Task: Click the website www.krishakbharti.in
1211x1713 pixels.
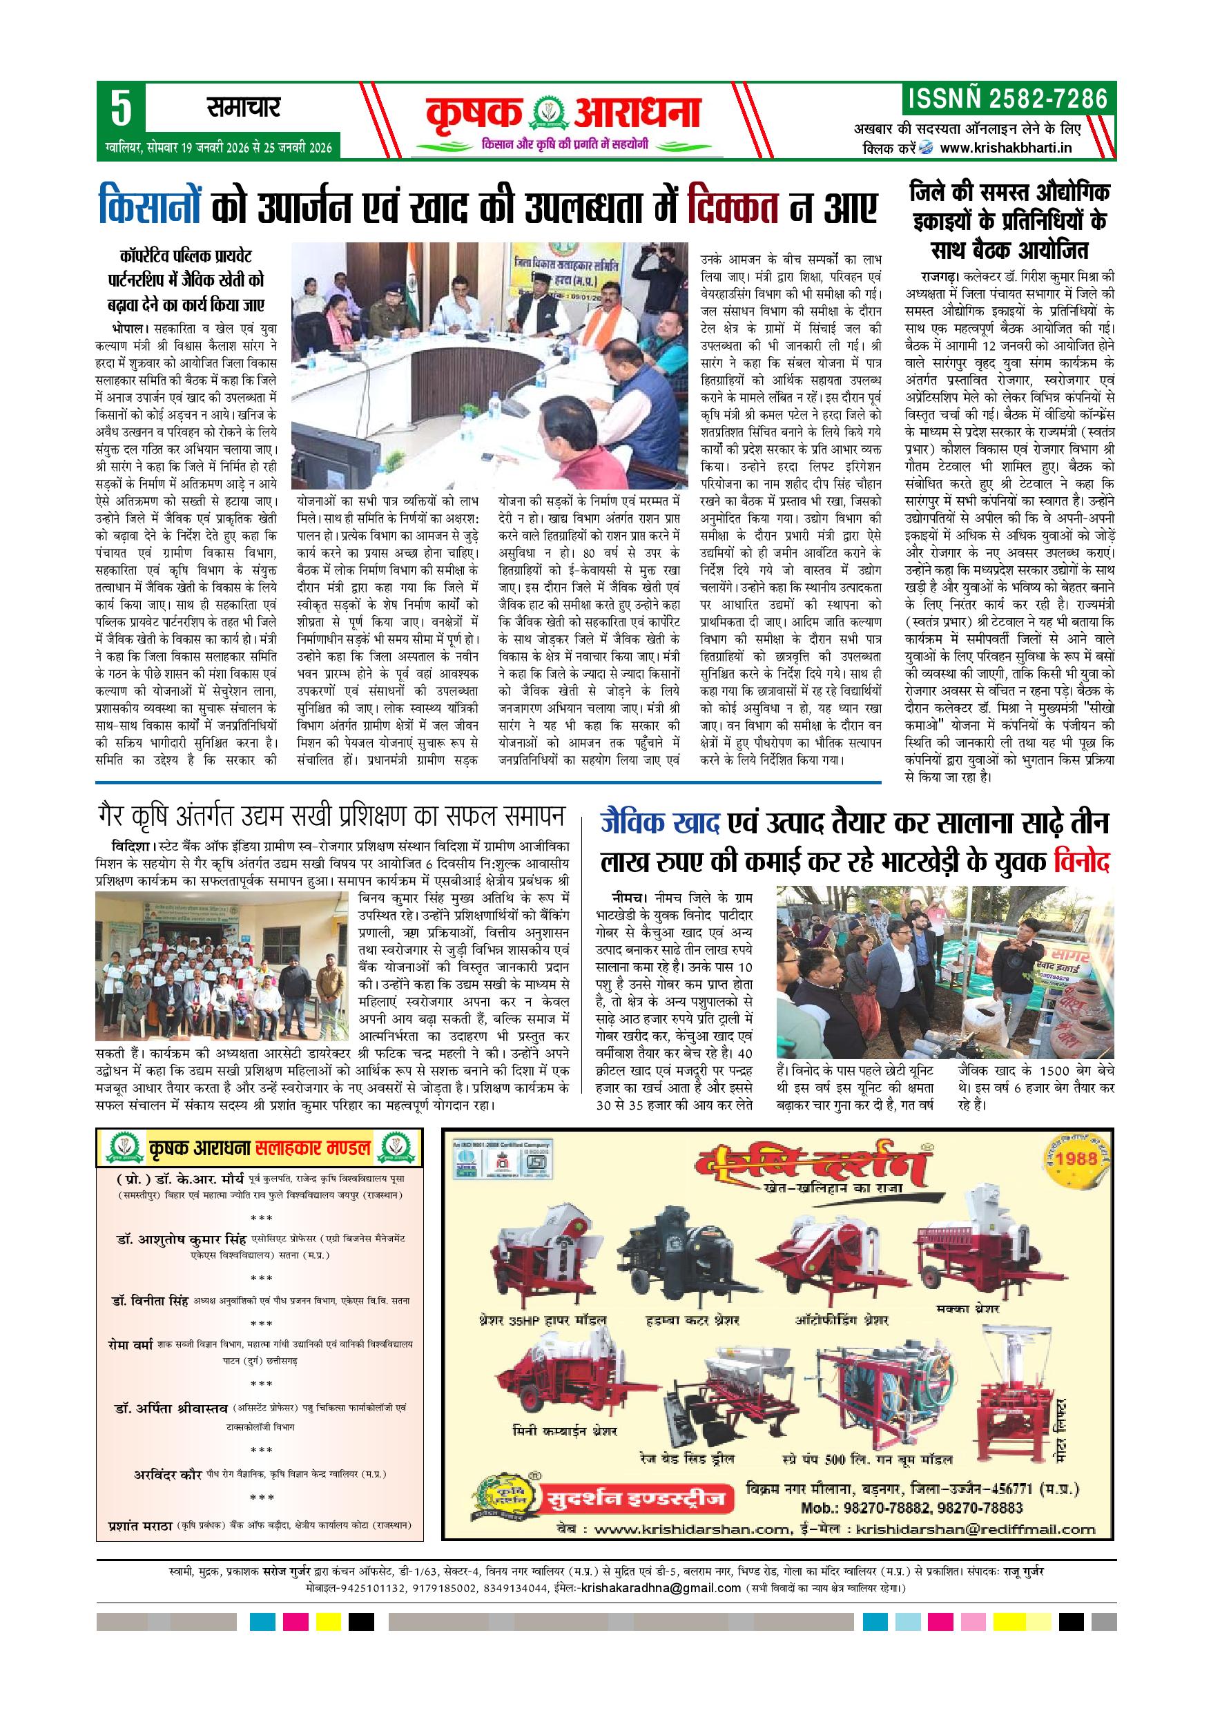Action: coord(1006,148)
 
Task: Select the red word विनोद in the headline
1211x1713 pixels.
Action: coord(1082,863)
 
